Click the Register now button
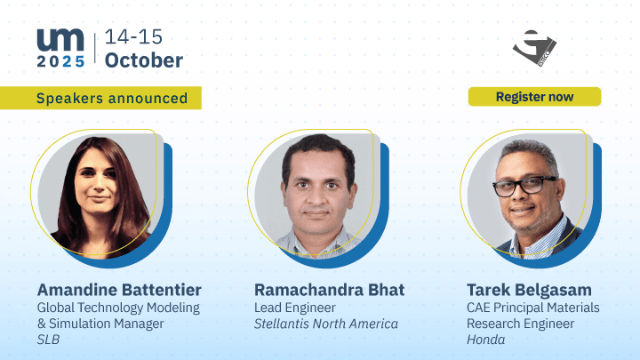534,97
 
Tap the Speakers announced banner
100,98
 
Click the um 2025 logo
60,48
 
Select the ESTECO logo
534,48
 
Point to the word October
144,60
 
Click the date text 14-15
133,36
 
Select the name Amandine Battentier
119,290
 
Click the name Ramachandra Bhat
330,290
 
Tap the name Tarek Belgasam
529,290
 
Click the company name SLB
48,340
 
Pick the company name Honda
485,340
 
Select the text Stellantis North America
325,324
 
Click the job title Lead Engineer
295,308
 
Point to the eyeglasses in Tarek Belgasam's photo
524,186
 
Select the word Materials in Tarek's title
573,308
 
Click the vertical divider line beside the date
95,48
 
